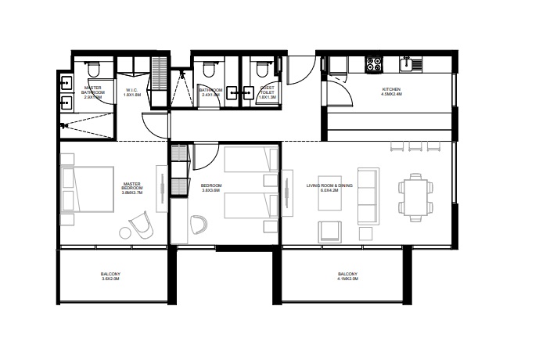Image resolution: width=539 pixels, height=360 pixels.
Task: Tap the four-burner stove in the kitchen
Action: (374, 64)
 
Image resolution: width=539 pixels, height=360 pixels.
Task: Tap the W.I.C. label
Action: (131, 92)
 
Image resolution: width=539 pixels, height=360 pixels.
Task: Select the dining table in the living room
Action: (414, 196)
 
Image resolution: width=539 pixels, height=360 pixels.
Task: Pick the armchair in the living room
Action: (329, 231)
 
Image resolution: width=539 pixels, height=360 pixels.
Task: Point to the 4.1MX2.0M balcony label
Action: (347, 276)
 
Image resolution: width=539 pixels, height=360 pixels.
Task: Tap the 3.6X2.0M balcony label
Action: (110, 275)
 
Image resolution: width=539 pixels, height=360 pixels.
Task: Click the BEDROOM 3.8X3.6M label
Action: (212, 188)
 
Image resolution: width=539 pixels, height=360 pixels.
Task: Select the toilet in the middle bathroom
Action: (208, 70)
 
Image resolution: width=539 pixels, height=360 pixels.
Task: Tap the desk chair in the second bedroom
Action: (198, 224)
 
